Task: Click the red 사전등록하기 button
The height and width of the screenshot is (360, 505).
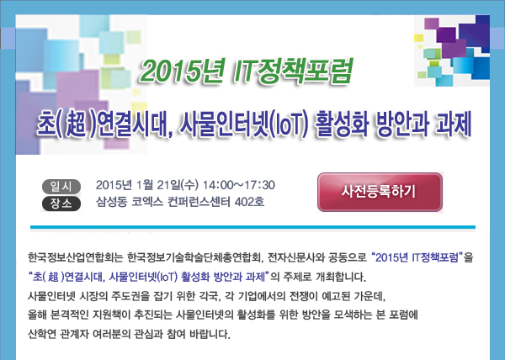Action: click(x=380, y=192)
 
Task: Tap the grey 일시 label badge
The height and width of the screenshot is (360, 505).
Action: click(x=61, y=187)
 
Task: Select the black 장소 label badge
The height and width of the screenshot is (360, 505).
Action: click(x=61, y=204)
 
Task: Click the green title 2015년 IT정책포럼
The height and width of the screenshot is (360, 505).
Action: click(x=247, y=71)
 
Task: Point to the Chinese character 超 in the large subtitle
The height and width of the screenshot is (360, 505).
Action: click(x=76, y=124)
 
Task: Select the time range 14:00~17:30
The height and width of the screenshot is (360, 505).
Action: click(x=239, y=185)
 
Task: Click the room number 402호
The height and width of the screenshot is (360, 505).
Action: click(x=250, y=202)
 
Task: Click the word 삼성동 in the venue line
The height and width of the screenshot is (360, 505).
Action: click(x=111, y=202)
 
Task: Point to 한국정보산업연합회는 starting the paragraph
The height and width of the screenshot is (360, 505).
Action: click(x=76, y=257)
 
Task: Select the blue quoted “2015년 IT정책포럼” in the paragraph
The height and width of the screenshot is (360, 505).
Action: click(x=417, y=257)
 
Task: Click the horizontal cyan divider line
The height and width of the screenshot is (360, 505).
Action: click(x=252, y=227)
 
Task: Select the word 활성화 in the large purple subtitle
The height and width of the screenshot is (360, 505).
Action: click(x=341, y=124)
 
